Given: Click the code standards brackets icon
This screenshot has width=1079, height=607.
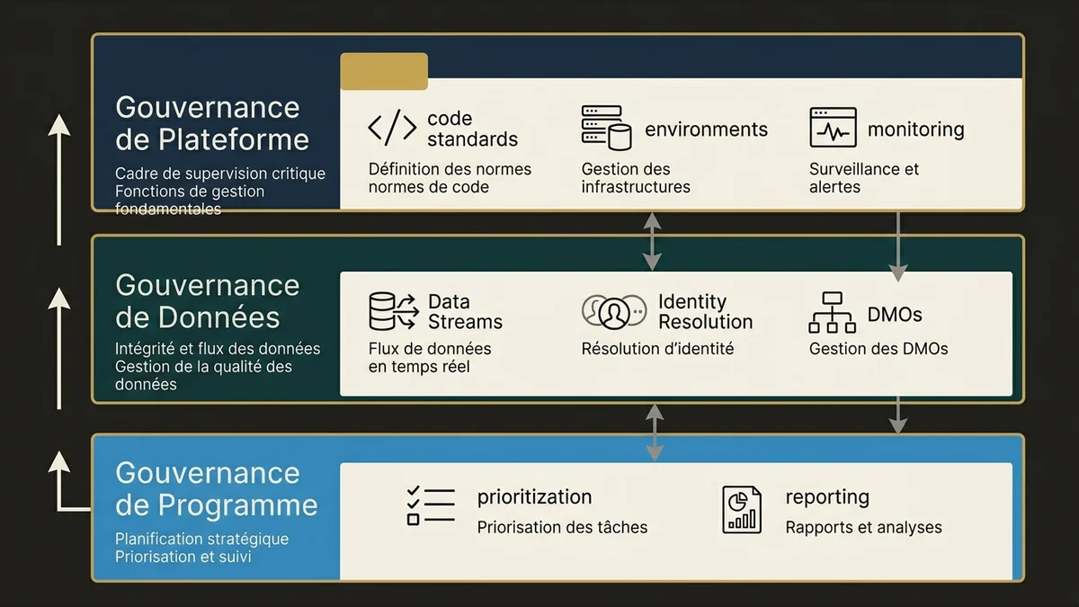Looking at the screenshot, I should pyautogui.click(x=392, y=129).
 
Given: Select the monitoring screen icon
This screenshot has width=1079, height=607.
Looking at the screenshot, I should pyautogui.click(x=833, y=128).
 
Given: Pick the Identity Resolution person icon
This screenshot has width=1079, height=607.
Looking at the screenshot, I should pyautogui.click(x=614, y=312).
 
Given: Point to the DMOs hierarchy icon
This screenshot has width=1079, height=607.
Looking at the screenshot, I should pyautogui.click(x=833, y=313).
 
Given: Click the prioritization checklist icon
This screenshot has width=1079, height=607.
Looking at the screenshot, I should pyautogui.click(x=430, y=506).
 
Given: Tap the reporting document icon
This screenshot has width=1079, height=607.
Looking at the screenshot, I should pyautogui.click(x=742, y=509).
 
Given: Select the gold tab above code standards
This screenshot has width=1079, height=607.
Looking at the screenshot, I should pyautogui.click(x=384, y=71).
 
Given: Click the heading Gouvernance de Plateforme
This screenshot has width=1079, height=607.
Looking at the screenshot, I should pyautogui.click(x=212, y=123).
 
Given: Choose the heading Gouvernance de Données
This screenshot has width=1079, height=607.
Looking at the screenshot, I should pyautogui.click(x=207, y=301).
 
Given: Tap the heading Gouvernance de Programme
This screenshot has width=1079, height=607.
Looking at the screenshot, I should pyautogui.click(x=216, y=488).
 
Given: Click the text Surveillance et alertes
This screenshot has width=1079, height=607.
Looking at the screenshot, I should pyautogui.click(x=864, y=178).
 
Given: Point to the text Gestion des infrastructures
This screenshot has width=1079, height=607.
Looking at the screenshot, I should pyautogui.click(x=636, y=178).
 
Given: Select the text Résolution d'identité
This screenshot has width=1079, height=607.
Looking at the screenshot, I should pyautogui.click(x=657, y=349).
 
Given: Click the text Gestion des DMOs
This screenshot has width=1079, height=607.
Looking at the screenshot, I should pyautogui.click(x=878, y=349).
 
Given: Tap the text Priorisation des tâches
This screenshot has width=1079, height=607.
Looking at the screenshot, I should pyautogui.click(x=562, y=527).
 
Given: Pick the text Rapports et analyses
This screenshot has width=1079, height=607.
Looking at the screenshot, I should pyautogui.click(x=863, y=527).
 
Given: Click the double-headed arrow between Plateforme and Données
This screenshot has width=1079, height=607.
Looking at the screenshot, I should pyautogui.click(x=653, y=241).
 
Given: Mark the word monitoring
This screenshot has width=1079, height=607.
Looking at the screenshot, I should pyautogui.click(x=915, y=129).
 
